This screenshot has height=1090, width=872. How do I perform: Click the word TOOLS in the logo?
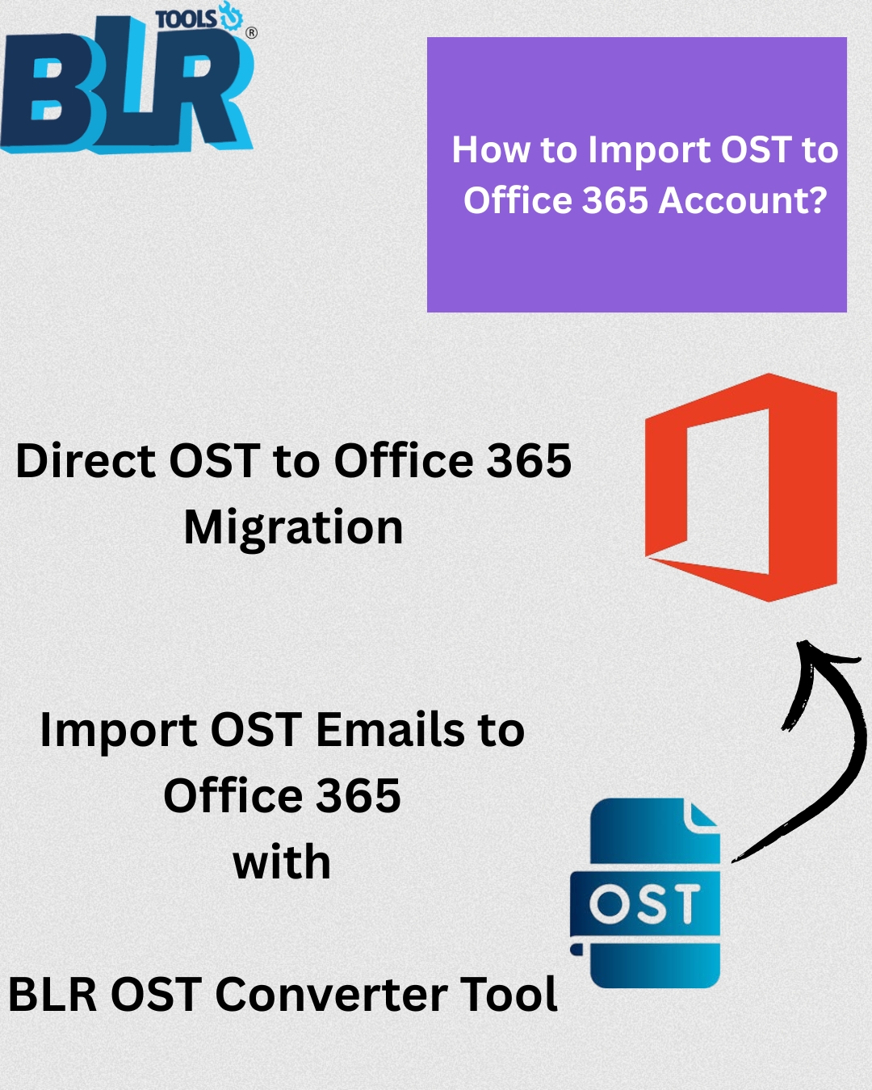[x=186, y=19]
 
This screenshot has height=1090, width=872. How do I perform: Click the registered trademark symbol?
[x=251, y=33]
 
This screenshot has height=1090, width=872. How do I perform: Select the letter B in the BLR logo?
[x=48, y=91]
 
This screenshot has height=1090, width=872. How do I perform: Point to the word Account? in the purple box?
[x=743, y=200]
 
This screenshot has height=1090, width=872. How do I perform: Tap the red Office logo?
[x=740, y=487]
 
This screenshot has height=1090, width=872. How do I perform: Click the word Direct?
[x=86, y=460]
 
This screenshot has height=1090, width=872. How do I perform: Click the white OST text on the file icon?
[x=644, y=905]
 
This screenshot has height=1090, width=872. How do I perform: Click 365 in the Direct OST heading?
[x=529, y=460]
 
